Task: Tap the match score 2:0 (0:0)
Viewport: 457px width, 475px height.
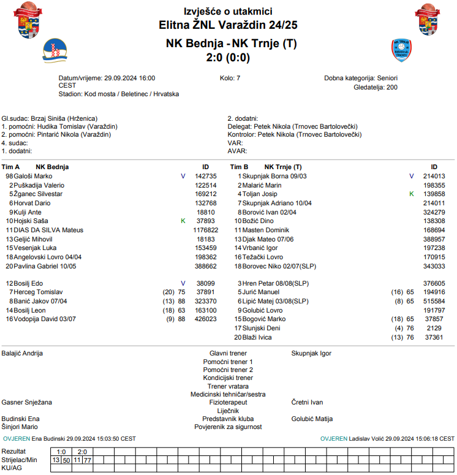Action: tap(228, 58)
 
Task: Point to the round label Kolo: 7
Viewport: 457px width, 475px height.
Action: tap(230, 78)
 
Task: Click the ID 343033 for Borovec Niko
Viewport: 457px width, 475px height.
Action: tap(434, 266)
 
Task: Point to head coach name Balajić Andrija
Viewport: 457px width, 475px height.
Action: tap(22, 353)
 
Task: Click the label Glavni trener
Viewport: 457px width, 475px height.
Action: tap(228, 353)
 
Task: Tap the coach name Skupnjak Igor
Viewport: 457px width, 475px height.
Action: tap(311, 353)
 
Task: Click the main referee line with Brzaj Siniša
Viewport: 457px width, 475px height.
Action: tap(50, 118)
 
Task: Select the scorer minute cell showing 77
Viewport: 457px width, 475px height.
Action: tap(88, 460)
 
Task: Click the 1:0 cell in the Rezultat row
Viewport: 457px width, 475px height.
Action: tap(61, 451)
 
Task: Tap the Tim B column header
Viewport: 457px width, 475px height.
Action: tap(239, 167)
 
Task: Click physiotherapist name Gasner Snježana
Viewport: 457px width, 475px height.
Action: tap(26, 402)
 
